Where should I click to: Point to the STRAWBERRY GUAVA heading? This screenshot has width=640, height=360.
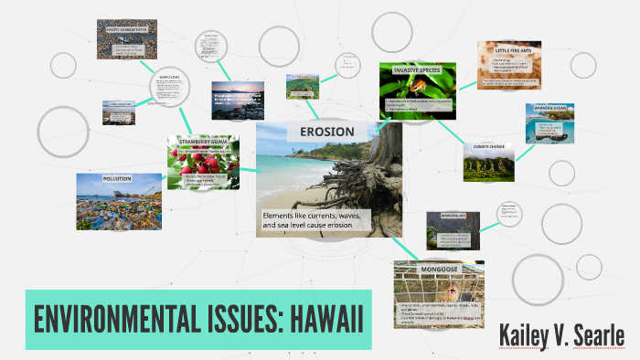[x=203, y=141]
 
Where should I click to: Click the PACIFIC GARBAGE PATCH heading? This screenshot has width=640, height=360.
[x=126, y=27]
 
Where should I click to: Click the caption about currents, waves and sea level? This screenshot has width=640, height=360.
[x=311, y=220]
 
